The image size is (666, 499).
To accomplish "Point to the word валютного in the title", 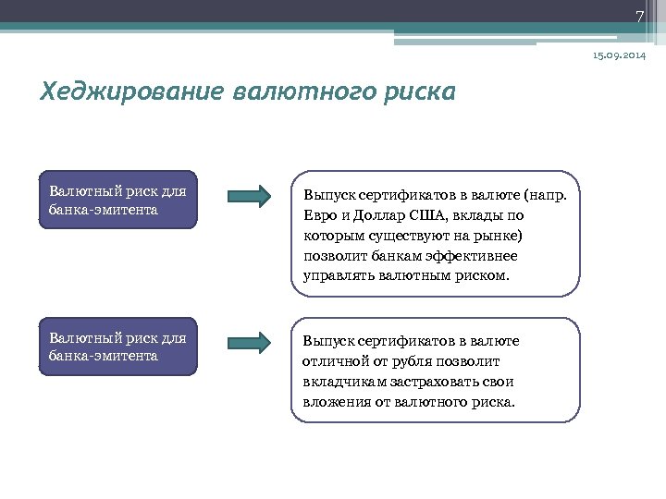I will pos(302,93).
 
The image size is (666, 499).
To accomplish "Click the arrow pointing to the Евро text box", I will pos(248,196).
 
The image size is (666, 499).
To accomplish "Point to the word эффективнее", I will pos(471,255).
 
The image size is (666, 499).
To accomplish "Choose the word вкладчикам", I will pos(340,382).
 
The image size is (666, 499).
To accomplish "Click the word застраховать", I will pos(432,382).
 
